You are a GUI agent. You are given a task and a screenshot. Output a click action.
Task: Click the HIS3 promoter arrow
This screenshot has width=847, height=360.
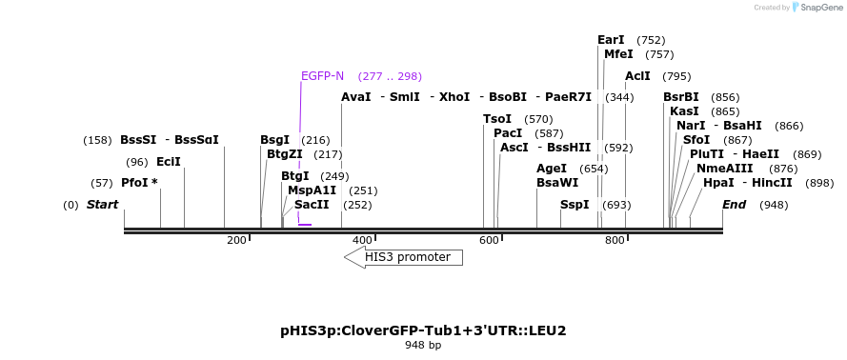pos(404,257)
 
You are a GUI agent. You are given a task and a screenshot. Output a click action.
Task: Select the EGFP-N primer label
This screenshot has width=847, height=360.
pos(322,76)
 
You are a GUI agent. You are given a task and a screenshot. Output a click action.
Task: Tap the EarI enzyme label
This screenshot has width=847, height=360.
pos(611,40)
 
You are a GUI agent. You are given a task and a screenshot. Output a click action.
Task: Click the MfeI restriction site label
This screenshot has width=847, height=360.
pos(618,54)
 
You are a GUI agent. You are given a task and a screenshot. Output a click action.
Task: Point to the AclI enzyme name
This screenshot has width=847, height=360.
pos(637,76)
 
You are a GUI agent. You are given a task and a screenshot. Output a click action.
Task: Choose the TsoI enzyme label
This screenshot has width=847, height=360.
pos(497,119)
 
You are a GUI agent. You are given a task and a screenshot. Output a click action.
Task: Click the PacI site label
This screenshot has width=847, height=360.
pos(508,133)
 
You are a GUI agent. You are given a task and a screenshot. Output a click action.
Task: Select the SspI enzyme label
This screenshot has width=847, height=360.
pos(575,205)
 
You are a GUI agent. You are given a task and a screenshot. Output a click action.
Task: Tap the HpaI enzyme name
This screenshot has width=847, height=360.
pos(718,183)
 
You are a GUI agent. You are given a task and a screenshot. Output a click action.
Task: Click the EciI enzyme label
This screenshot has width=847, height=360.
pos(169,162)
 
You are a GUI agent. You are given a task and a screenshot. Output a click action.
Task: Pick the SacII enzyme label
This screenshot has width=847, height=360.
pos(312,205)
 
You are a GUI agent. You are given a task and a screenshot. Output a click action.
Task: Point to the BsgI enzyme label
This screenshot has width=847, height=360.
pos(274,140)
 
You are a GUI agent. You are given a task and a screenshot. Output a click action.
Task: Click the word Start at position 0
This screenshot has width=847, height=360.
pos(102,205)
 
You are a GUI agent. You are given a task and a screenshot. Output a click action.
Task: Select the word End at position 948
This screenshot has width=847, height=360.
pos(734,205)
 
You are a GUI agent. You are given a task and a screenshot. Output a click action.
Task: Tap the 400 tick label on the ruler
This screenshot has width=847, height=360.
pos(362,241)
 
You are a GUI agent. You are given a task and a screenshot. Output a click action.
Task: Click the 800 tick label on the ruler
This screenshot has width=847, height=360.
pos(615,241)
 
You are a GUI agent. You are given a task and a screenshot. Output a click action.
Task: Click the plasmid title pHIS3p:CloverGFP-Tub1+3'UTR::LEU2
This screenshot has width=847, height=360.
pos(423,330)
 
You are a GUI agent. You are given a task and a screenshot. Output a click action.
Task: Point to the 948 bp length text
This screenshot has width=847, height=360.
pos(423,346)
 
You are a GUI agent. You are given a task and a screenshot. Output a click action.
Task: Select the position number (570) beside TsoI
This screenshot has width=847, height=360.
pos(538,119)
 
